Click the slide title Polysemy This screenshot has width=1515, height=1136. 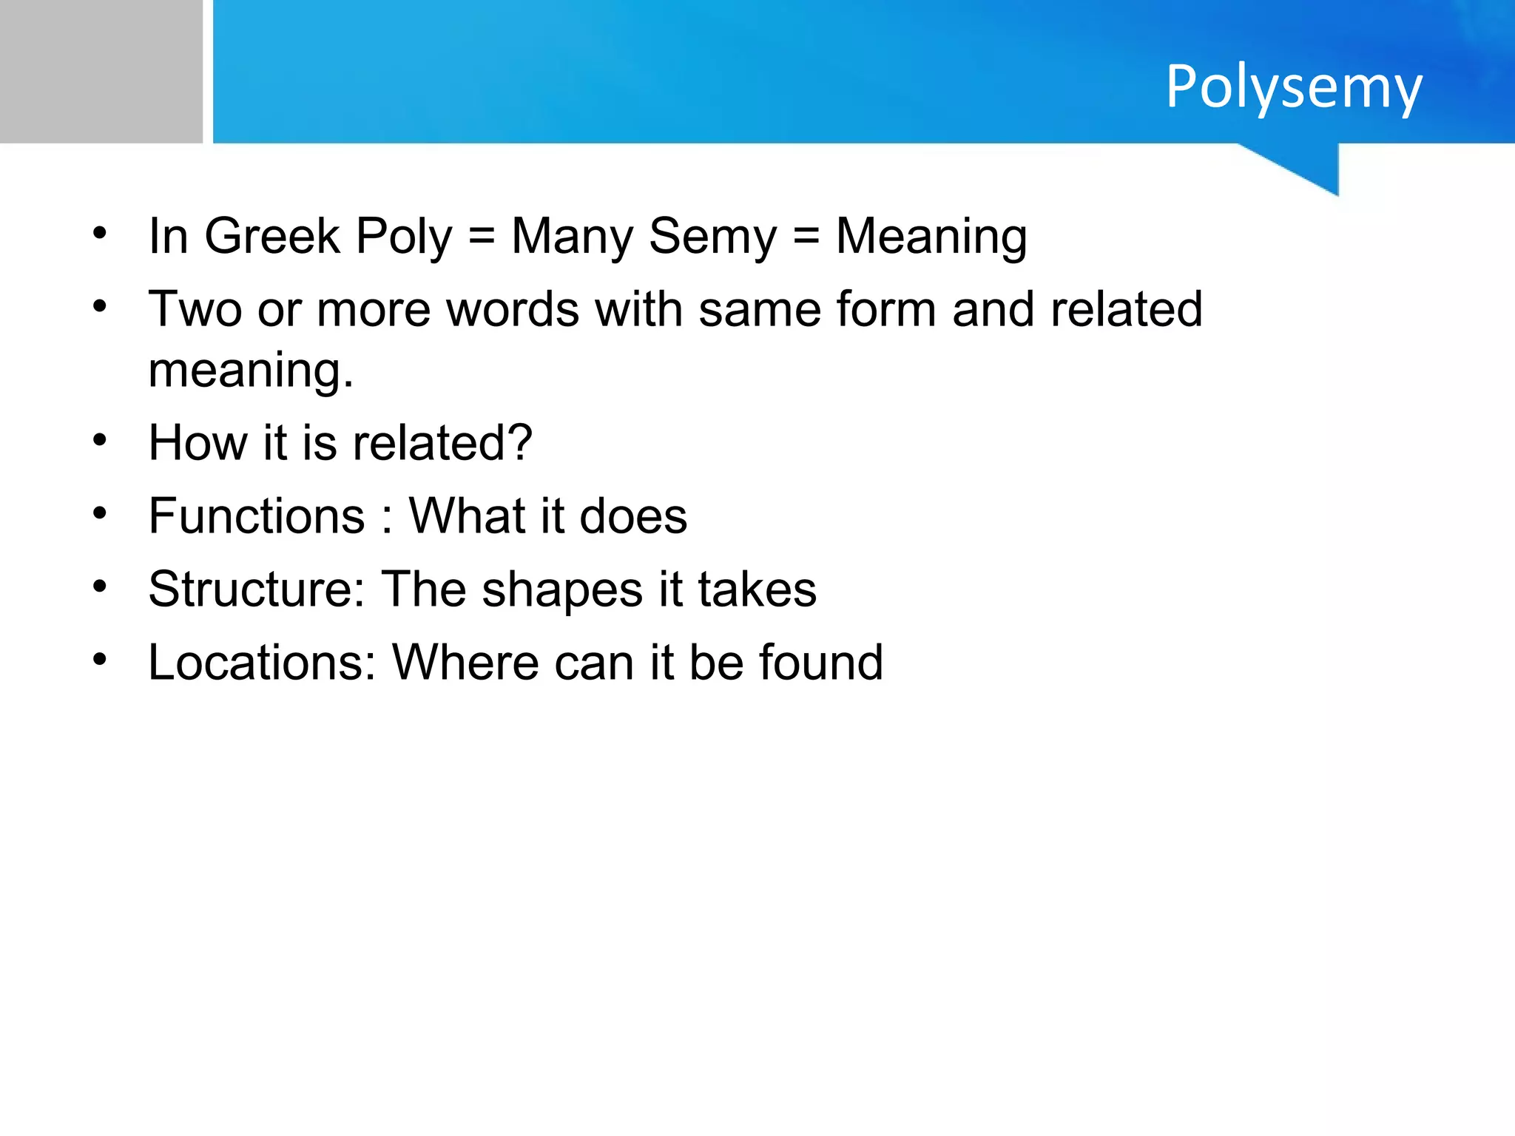pyautogui.click(x=1293, y=87)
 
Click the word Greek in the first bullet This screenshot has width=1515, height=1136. pyautogui.click(x=271, y=237)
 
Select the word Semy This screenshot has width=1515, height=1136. pyautogui.click(x=712, y=237)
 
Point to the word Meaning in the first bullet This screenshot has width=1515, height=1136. pyautogui.click(x=931, y=237)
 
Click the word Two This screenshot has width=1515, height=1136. pyautogui.click(x=195, y=309)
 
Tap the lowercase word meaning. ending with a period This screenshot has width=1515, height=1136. pyautogui.click(x=251, y=370)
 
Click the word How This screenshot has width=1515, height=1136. pyautogui.click(x=198, y=443)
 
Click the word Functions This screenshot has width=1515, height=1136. pyautogui.click(x=257, y=515)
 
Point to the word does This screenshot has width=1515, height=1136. pyautogui.click(x=633, y=515)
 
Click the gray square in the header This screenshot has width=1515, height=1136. pyautogui.click(x=101, y=71)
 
